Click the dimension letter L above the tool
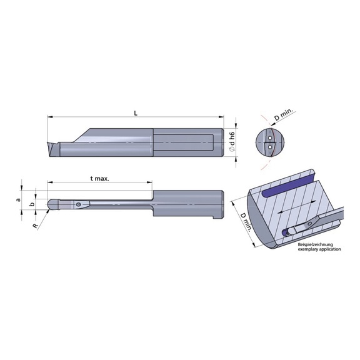tap(136, 112)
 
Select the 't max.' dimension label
tap(99, 178)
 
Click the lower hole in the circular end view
tap(269, 147)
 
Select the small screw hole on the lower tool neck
tap(77, 204)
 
